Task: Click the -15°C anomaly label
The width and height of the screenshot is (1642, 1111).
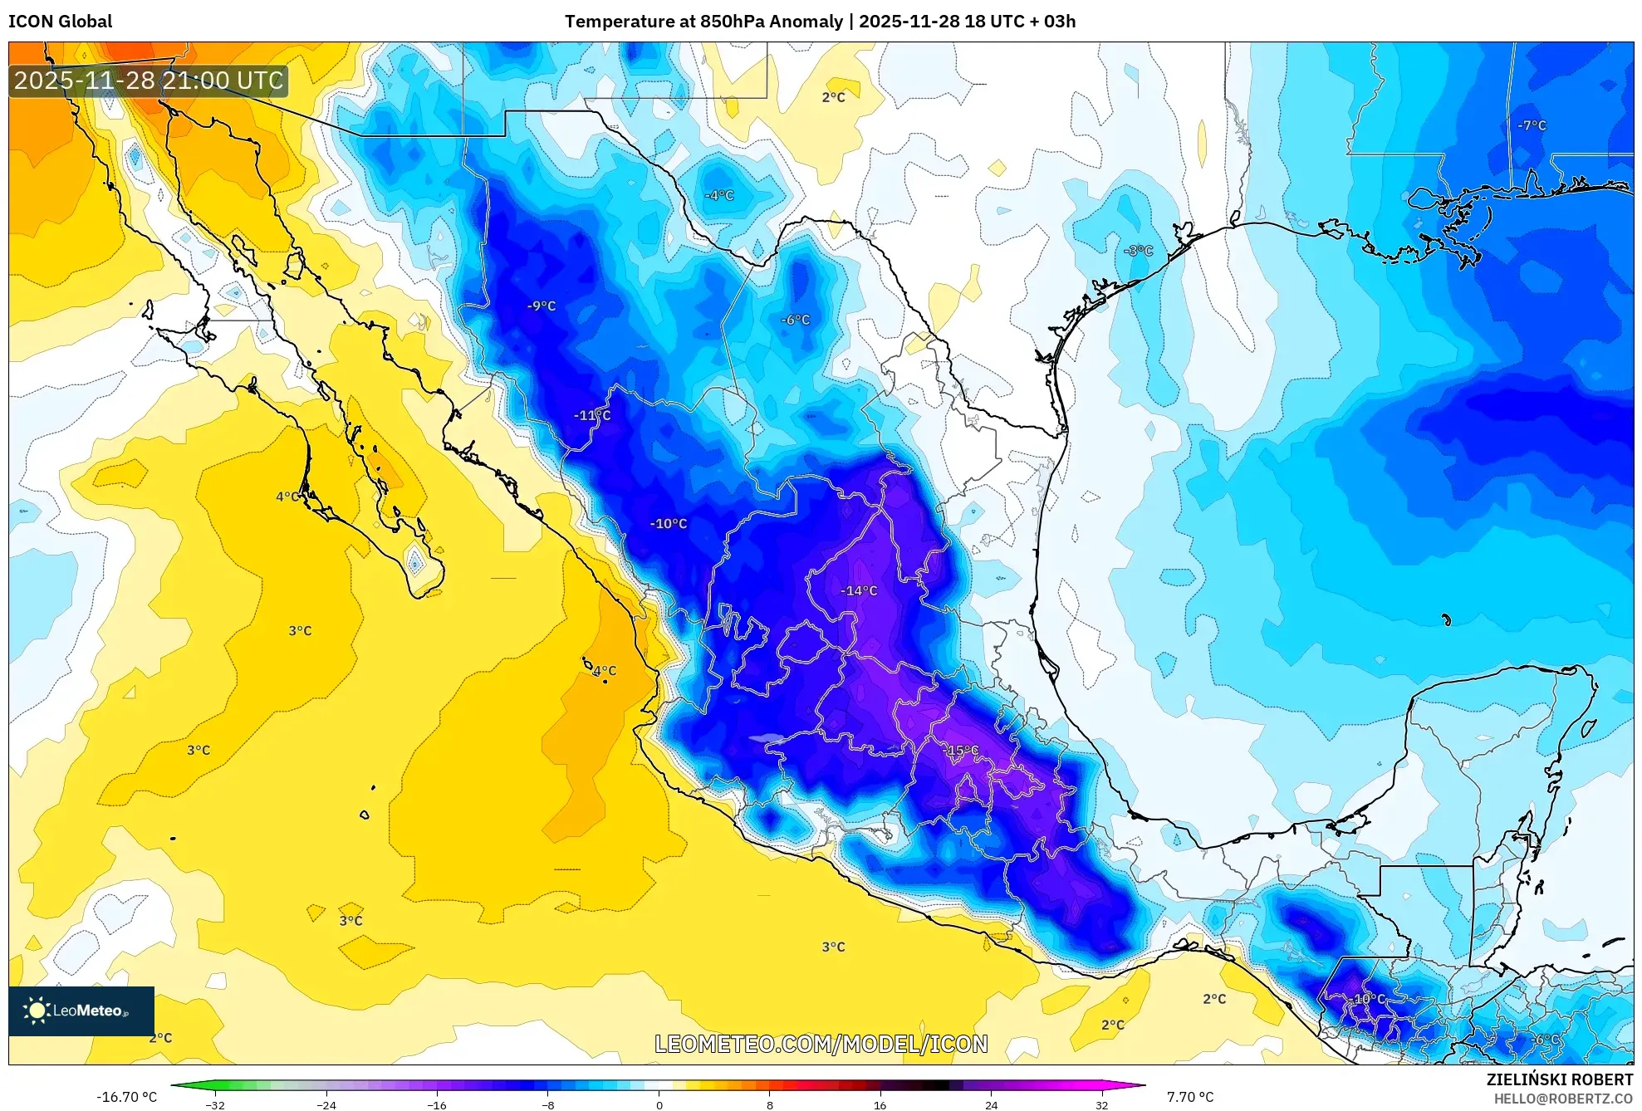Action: coord(963,751)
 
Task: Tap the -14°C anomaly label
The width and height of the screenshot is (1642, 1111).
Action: coord(859,591)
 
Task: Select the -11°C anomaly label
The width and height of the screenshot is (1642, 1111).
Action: coord(592,415)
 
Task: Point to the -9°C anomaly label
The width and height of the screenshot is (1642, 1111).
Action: coord(542,306)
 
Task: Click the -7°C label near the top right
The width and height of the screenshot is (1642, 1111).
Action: coord(1532,126)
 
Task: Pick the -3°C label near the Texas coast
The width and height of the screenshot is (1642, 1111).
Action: coord(1138,251)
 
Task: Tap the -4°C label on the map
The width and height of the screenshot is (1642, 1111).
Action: coord(719,196)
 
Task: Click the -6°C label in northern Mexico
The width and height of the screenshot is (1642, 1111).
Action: coord(795,320)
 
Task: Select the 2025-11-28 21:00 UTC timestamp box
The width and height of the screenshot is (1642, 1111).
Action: coord(149,81)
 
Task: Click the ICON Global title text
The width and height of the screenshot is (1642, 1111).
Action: coord(60,22)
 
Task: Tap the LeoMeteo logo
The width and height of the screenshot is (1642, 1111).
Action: coord(81,1011)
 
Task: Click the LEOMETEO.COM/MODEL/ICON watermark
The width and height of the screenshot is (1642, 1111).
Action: coord(821,1044)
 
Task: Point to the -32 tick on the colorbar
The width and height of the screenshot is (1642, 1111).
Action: coord(215,1105)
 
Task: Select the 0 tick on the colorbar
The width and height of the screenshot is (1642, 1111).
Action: coord(659,1105)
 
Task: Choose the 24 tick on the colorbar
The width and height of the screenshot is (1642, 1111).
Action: coord(991,1105)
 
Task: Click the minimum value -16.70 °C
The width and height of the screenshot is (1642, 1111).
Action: coord(126,1097)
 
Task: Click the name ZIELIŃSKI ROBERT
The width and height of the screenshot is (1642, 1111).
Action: coord(1559,1079)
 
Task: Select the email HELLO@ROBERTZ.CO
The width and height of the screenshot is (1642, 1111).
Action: coord(1563,1099)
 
